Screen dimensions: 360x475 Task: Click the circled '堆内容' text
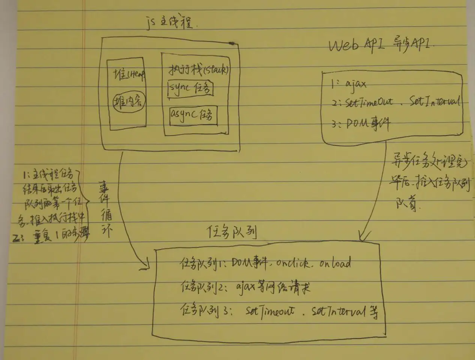coord(129,101)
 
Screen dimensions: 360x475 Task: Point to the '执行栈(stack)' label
coord(198,70)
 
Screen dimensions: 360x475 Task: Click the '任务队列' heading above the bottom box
coord(232,233)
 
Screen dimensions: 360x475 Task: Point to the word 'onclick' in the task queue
coord(292,263)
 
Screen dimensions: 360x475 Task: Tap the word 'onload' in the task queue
coord(335,263)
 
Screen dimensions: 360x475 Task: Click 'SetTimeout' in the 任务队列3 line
coord(270,312)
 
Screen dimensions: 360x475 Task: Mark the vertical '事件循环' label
coord(105,208)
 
